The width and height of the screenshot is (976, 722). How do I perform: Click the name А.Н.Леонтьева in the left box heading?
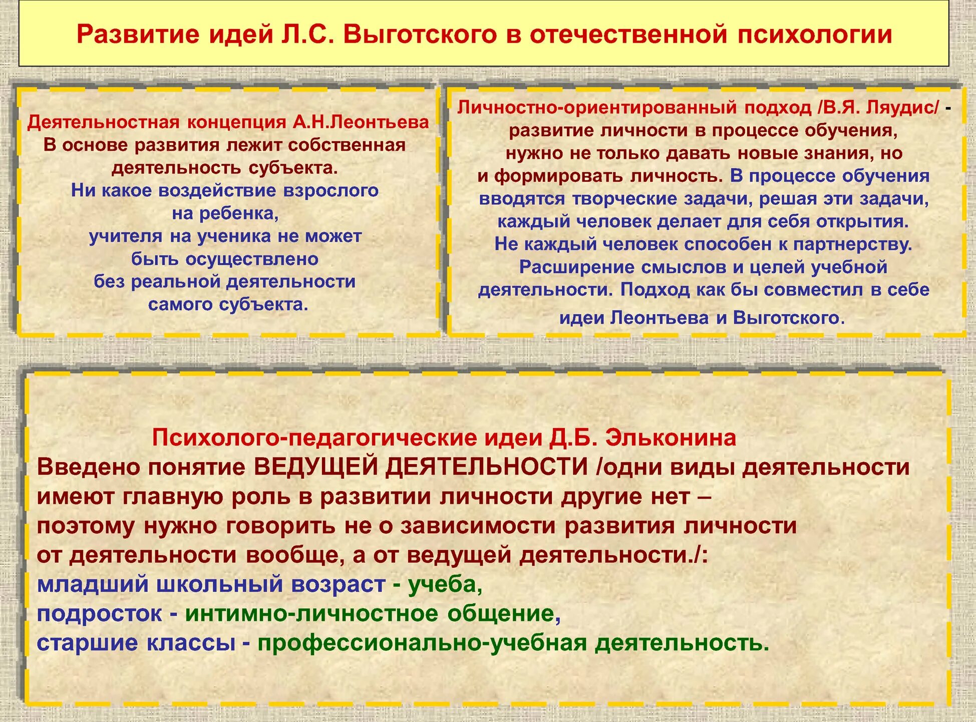[361, 122]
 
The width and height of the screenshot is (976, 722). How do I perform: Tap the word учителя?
[126, 236]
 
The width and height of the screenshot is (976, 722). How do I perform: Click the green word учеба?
[445, 584]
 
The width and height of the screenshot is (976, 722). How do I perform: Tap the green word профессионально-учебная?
[422, 643]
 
